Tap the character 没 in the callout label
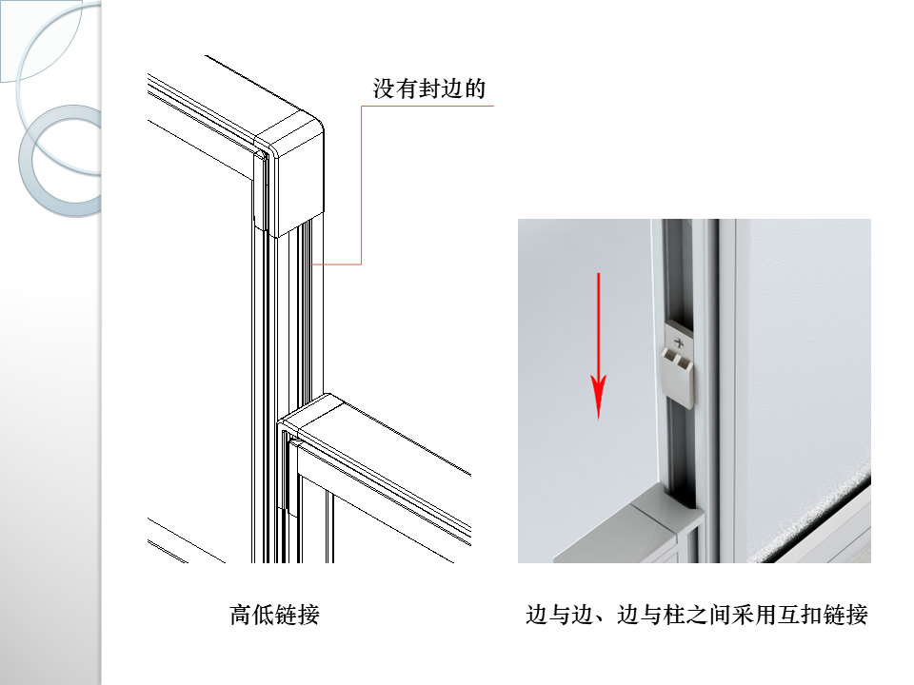[384, 89]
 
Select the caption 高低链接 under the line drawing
[274, 615]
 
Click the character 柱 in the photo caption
[674, 615]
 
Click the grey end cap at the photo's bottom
[619, 519]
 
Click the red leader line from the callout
[362, 190]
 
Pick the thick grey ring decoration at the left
[57, 162]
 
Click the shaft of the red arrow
[598, 323]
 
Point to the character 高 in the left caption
[240, 615]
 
